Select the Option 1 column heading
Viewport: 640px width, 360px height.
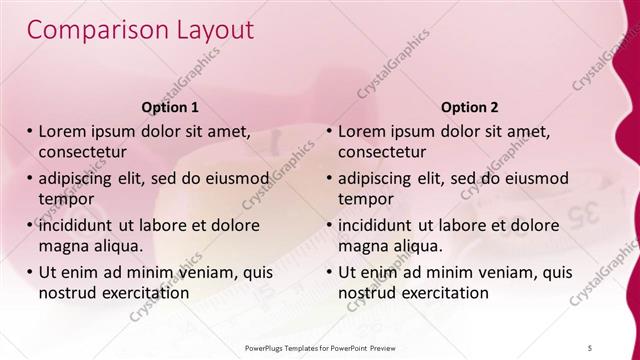pyautogui.click(x=170, y=106)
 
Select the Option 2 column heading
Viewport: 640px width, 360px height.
pyautogui.click(x=469, y=106)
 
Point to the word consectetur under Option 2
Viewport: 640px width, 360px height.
pyautogui.click(x=382, y=152)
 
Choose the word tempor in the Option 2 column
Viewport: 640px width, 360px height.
pyautogui.click(x=366, y=198)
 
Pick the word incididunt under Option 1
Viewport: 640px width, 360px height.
pyautogui.click(x=82, y=225)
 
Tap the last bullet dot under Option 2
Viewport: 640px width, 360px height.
pyautogui.click(x=329, y=272)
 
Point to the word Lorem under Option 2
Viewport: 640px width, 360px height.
pyautogui.click(x=361, y=132)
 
